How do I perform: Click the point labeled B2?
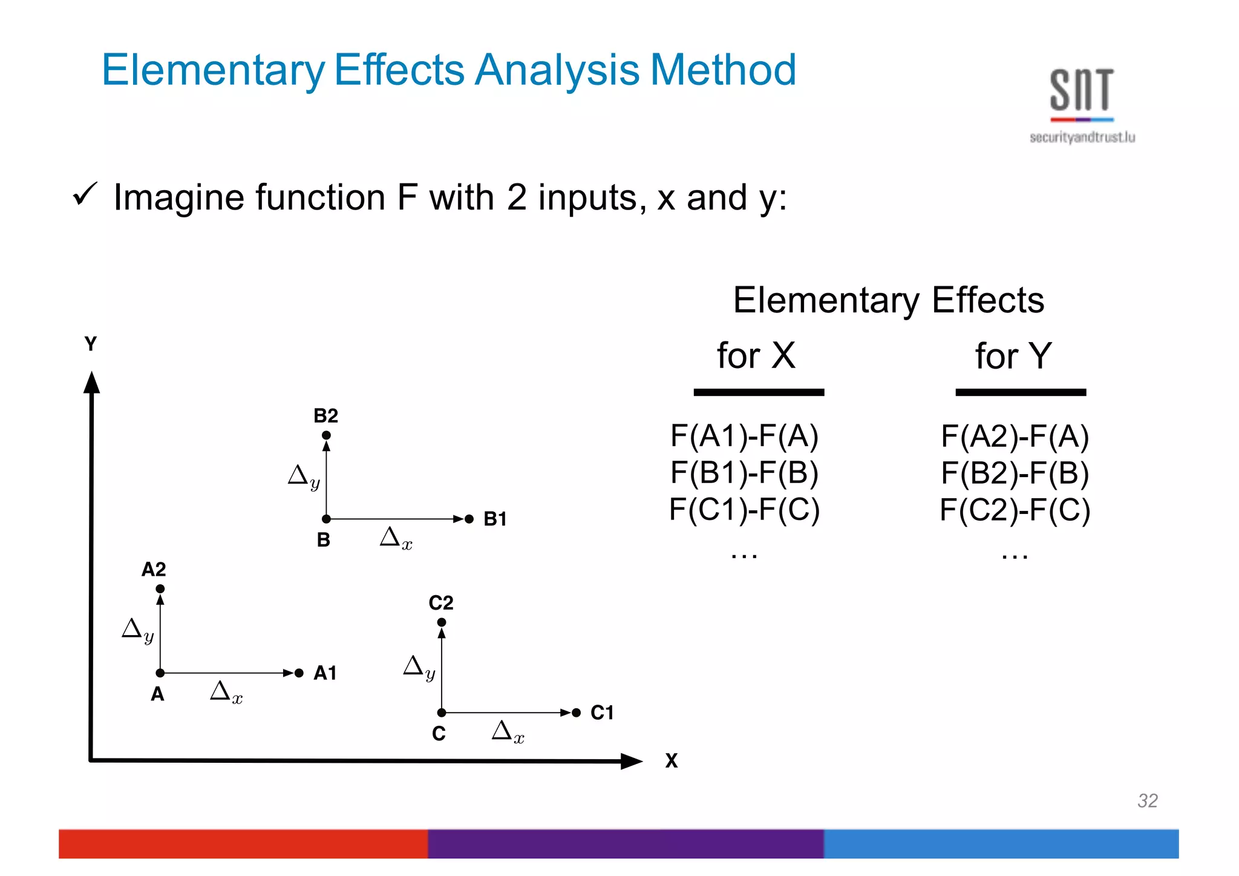tap(326, 435)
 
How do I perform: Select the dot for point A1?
tap(299, 673)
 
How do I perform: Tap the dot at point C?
tap(442, 713)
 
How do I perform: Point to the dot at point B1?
tap(469, 519)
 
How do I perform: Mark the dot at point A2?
tap(160, 589)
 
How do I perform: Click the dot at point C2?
tap(442, 622)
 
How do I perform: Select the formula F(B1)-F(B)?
tap(744, 473)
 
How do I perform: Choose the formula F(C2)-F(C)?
tap(1015, 510)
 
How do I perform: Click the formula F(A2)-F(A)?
tap(1015, 436)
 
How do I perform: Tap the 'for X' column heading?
tap(756, 355)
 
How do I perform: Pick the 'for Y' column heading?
tap(1013, 356)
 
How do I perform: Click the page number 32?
tap(1147, 801)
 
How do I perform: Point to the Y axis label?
tap(91, 344)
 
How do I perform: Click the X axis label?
tap(672, 761)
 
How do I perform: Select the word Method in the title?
tap(723, 70)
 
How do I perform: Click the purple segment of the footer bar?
tap(626, 844)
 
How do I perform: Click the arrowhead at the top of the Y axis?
tap(91, 383)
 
